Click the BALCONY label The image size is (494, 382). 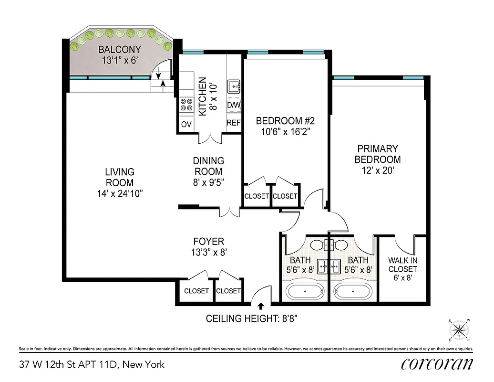point(120,50)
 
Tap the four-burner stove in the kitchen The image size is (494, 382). point(186,105)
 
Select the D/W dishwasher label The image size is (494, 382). point(233,105)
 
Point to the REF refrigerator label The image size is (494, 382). point(233,123)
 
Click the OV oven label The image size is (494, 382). point(186,124)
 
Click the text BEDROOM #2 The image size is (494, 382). point(279,121)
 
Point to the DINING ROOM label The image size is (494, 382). point(208,166)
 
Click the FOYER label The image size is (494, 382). point(208,242)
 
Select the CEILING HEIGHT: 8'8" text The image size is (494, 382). point(252,318)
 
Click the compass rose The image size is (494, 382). point(459,329)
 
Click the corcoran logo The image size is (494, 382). point(437,364)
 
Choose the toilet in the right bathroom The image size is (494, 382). point(340,244)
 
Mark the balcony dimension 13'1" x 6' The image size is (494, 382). point(120,61)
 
